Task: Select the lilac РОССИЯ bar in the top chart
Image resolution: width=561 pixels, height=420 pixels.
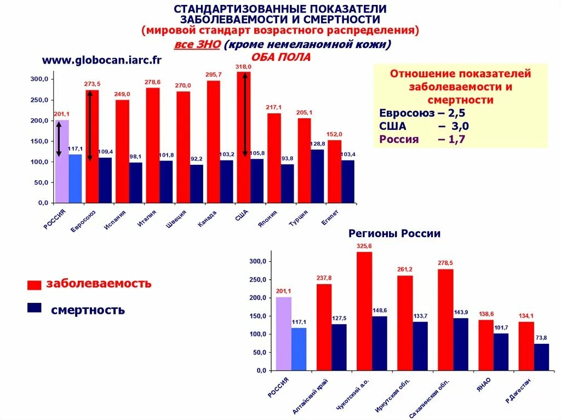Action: click(62, 162)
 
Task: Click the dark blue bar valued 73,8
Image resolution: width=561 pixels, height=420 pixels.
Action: click(541, 356)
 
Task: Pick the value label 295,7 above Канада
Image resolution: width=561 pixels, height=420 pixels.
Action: click(214, 74)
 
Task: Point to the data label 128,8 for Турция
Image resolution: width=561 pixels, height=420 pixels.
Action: click(318, 144)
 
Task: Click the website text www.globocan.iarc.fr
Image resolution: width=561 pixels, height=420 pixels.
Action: click(102, 60)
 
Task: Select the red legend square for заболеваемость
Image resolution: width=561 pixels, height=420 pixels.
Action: click(35, 285)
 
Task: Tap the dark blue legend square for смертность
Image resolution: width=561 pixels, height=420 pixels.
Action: click(35, 308)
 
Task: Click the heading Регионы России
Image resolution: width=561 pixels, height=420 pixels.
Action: click(394, 234)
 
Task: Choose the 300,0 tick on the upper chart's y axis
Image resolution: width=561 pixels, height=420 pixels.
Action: click(39, 79)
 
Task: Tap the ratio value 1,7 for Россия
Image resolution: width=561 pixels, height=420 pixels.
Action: click(460, 139)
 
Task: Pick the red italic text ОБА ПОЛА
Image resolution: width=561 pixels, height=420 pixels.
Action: click(280, 57)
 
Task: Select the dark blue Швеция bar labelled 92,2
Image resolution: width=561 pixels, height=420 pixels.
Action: click(197, 183)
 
